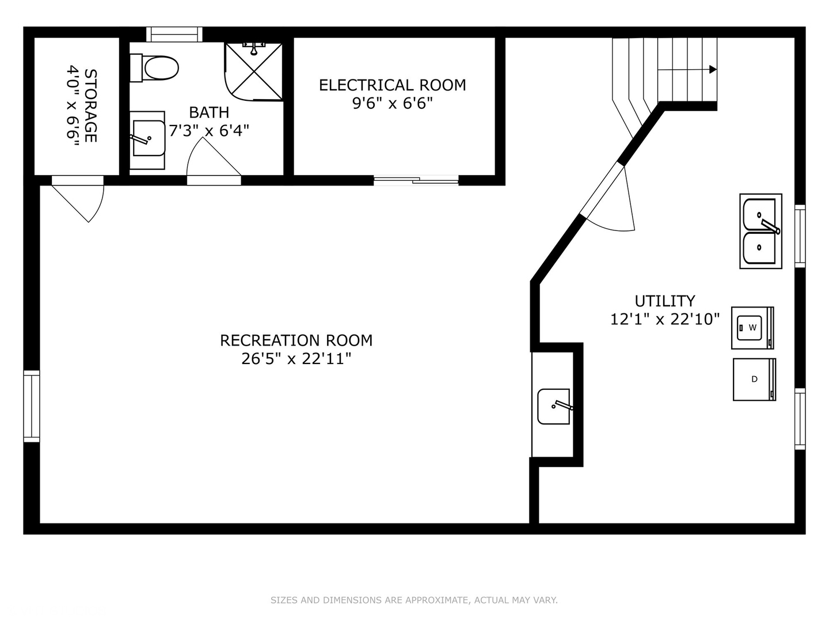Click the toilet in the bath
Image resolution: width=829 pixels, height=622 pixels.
(x=155, y=69)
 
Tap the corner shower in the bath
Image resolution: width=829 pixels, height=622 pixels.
(x=253, y=70)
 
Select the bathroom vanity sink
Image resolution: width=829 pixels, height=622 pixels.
(x=148, y=139)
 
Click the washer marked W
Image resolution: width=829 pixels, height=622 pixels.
(x=752, y=328)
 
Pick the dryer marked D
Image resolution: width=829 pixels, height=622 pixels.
(x=754, y=379)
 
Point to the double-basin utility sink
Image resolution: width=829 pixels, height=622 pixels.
(x=760, y=231)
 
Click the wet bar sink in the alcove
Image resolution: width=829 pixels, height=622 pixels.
(x=554, y=407)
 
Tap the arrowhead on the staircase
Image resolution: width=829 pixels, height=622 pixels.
(x=713, y=70)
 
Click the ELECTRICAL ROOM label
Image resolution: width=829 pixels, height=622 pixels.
(x=392, y=85)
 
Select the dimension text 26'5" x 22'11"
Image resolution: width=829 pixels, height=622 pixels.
(x=296, y=359)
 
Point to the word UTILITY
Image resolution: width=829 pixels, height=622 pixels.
(x=664, y=301)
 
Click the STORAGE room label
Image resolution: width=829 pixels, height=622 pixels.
(x=90, y=105)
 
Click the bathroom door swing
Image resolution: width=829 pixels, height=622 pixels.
(x=211, y=161)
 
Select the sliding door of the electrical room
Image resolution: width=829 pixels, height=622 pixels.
(x=416, y=180)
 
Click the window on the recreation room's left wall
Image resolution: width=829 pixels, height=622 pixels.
(x=31, y=406)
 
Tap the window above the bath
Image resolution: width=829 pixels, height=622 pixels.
(x=173, y=34)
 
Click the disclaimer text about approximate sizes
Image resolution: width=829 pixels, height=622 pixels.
(x=414, y=600)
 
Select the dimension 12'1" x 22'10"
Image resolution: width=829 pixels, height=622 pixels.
(x=664, y=319)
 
